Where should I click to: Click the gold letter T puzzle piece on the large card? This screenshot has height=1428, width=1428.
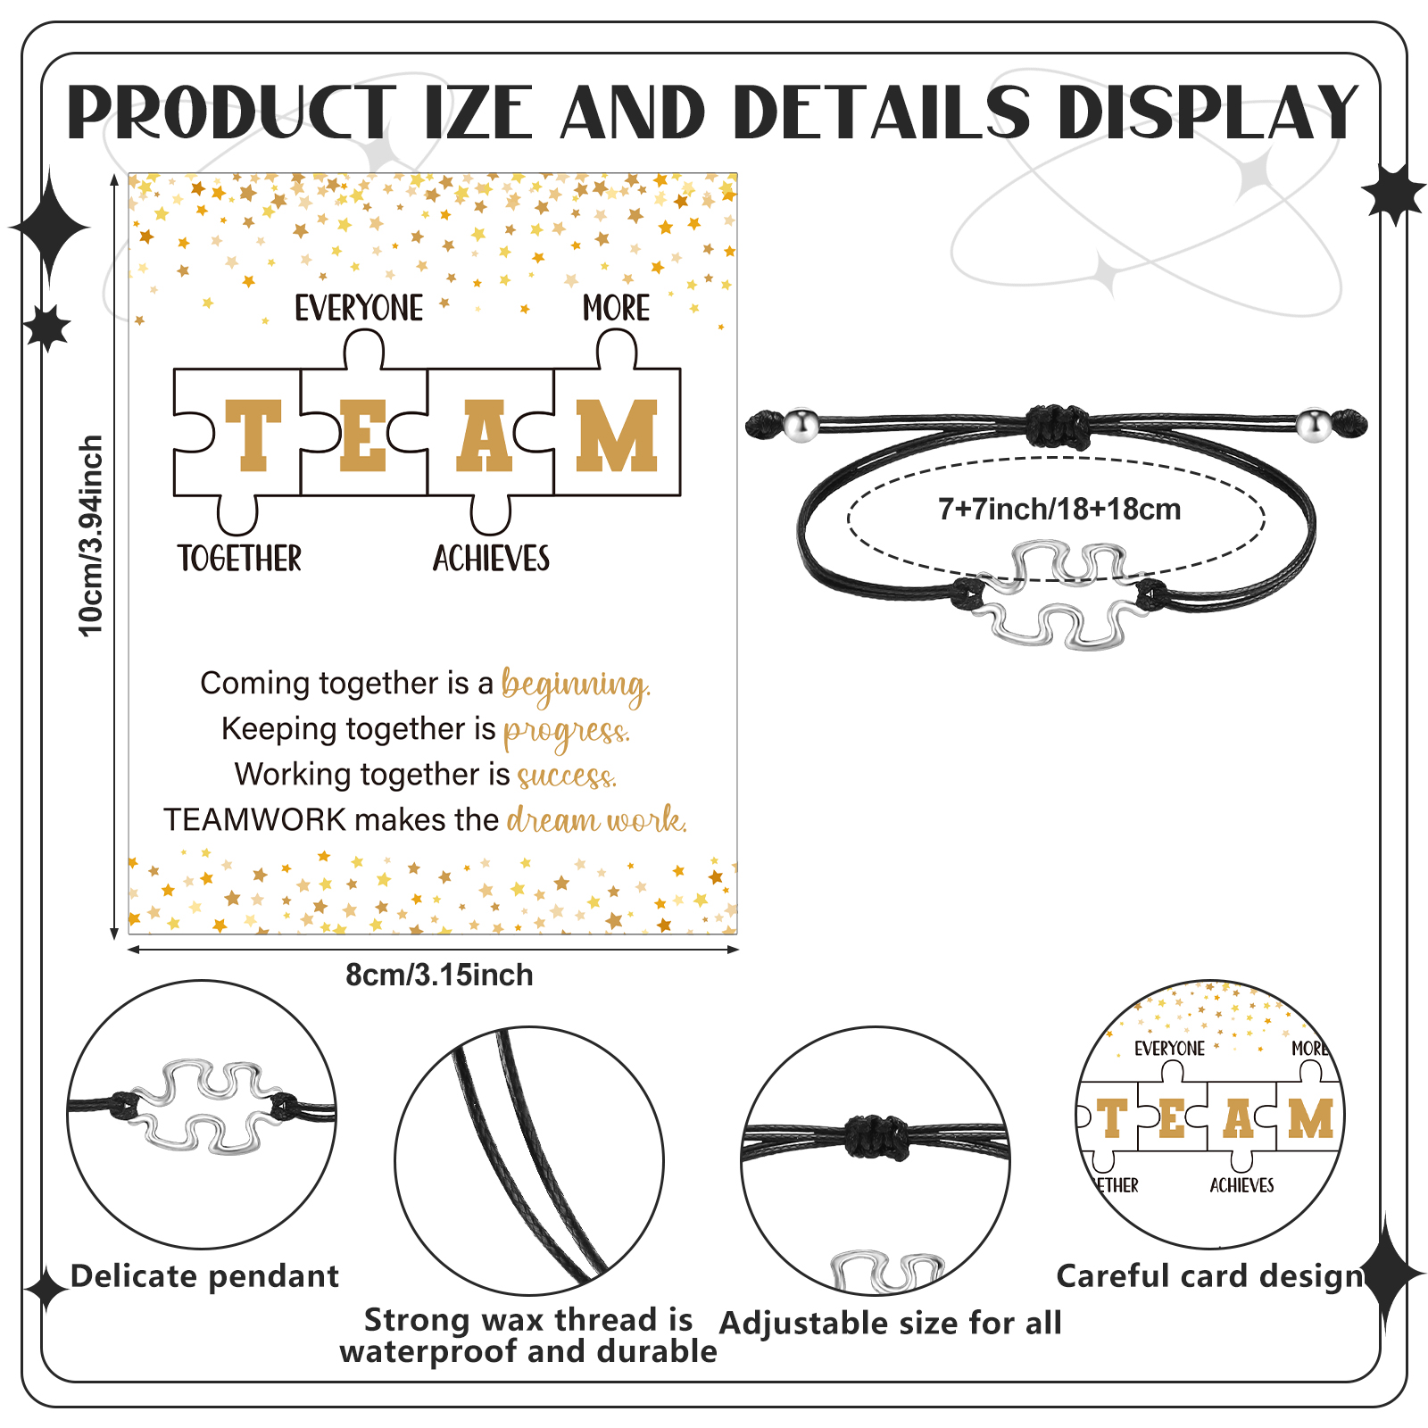tap(252, 435)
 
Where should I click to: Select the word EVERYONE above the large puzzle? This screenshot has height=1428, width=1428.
tap(359, 309)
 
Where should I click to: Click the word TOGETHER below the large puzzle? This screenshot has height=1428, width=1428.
tap(239, 559)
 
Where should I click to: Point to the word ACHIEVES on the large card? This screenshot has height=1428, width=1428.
tap(491, 559)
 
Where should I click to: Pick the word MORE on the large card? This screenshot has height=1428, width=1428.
tap(616, 309)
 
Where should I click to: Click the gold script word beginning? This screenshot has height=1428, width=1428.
tap(576, 685)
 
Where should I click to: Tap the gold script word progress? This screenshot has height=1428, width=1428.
tap(567, 732)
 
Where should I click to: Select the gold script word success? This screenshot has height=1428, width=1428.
tap(567, 776)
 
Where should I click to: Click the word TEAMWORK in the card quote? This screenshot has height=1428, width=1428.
tap(254, 819)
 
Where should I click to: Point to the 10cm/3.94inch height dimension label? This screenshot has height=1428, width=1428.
tap(91, 535)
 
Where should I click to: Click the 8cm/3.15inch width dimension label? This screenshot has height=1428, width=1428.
tap(439, 975)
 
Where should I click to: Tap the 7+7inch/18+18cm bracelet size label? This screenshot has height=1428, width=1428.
tap(1059, 510)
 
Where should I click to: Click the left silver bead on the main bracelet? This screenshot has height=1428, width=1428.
tap(801, 425)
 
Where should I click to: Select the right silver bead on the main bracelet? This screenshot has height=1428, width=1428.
tap(1313, 425)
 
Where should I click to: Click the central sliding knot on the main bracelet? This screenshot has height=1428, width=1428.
tap(1058, 426)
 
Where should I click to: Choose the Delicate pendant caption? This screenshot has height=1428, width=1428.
tap(204, 1276)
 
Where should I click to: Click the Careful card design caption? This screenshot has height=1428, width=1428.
tap(1210, 1276)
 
